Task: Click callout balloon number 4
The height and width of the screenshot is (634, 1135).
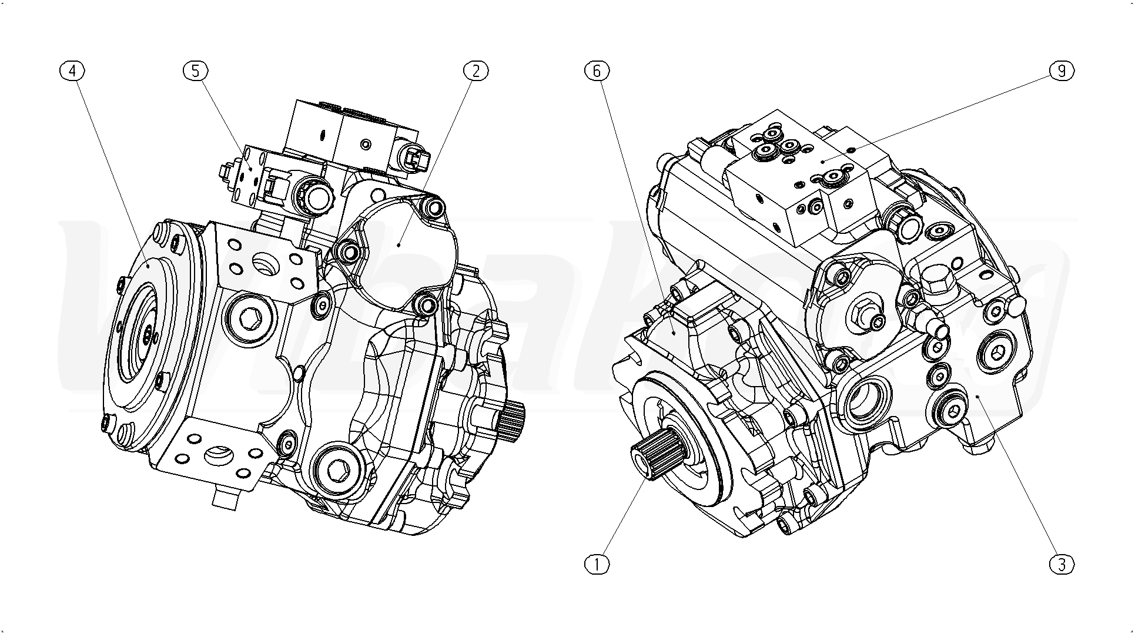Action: (x=72, y=71)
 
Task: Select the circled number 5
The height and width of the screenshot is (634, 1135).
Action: (x=195, y=71)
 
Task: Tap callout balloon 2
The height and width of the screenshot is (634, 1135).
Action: (x=476, y=71)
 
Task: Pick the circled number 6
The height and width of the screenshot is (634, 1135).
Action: (x=597, y=71)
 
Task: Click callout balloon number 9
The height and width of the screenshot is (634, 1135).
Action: (x=1062, y=71)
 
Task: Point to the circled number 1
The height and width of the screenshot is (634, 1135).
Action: (x=597, y=564)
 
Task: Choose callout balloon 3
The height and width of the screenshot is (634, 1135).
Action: (x=1062, y=564)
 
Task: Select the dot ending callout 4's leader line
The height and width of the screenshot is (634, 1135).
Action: (x=149, y=266)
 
